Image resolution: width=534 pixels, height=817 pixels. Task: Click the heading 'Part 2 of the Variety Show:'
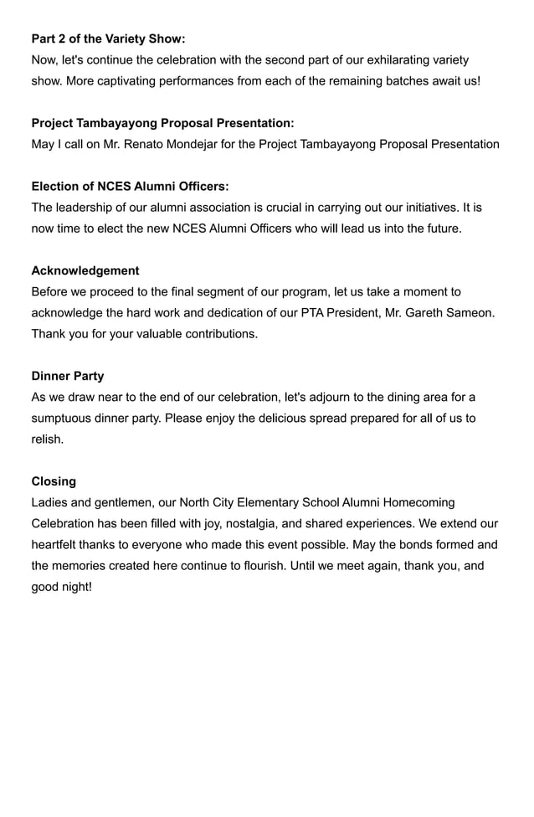click(108, 39)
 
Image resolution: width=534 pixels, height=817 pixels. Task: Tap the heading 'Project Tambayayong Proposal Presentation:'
click(162, 123)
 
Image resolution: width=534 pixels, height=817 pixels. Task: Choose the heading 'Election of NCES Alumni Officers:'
click(130, 186)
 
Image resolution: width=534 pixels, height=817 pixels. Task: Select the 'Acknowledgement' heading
click(85, 270)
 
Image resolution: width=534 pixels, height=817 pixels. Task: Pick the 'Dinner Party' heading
click(68, 376)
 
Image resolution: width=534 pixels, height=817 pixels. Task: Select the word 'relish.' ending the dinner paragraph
click(48, 439)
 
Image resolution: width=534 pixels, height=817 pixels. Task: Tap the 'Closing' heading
click(54, 481)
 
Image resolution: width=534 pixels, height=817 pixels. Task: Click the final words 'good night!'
click(61, 587)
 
